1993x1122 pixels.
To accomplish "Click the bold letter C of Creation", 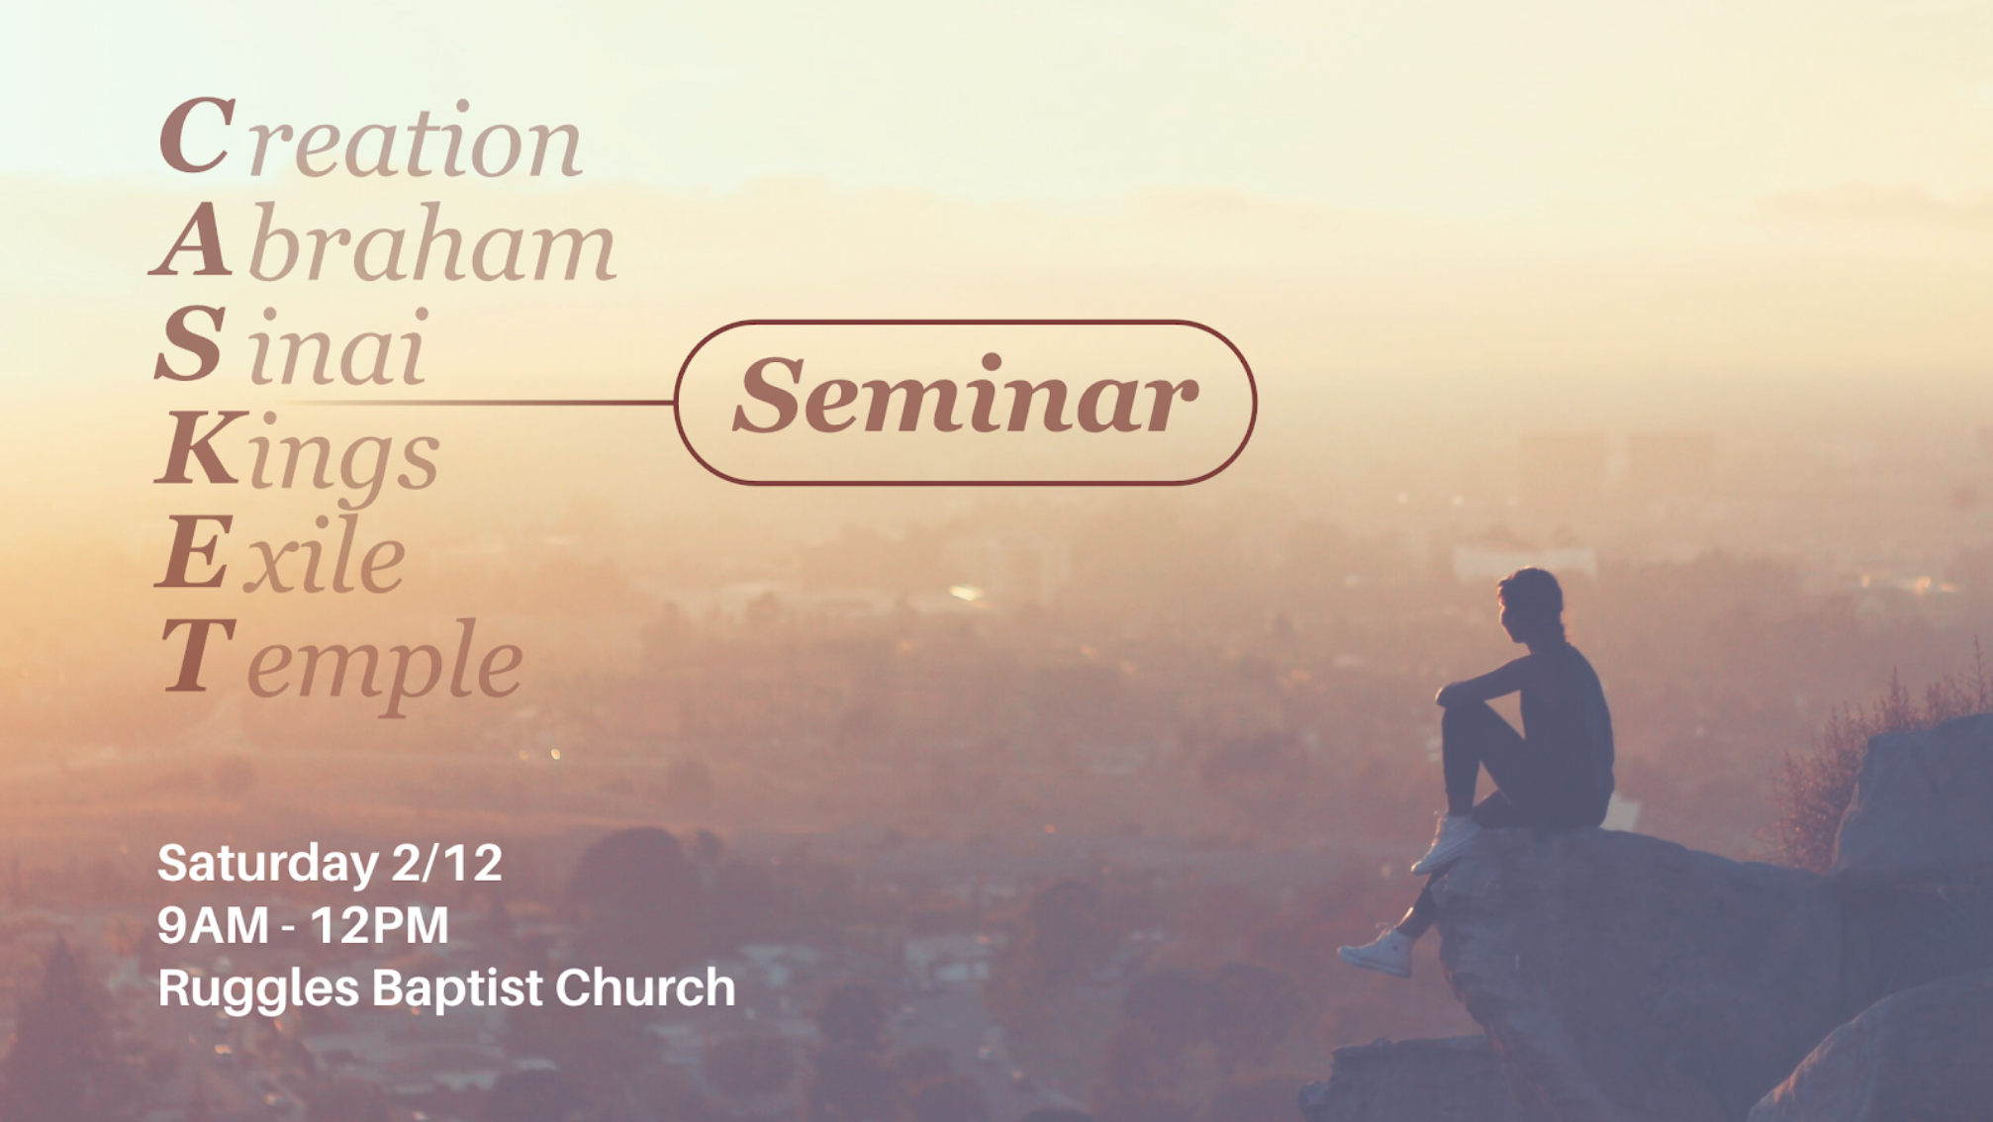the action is click(197, 136).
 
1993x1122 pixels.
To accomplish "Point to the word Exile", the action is click(281, 554).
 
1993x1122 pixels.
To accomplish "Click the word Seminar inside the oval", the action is click(965, 397).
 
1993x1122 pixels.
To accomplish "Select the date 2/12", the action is click(447, 863).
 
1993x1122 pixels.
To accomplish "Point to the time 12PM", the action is click(379, 926).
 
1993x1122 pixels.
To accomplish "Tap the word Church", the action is click(645, 987).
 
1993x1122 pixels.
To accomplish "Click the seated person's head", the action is click(1530, 601).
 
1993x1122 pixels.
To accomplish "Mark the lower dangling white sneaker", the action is click(1376, 953).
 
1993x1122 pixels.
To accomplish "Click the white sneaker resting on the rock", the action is click(1446, 844).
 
